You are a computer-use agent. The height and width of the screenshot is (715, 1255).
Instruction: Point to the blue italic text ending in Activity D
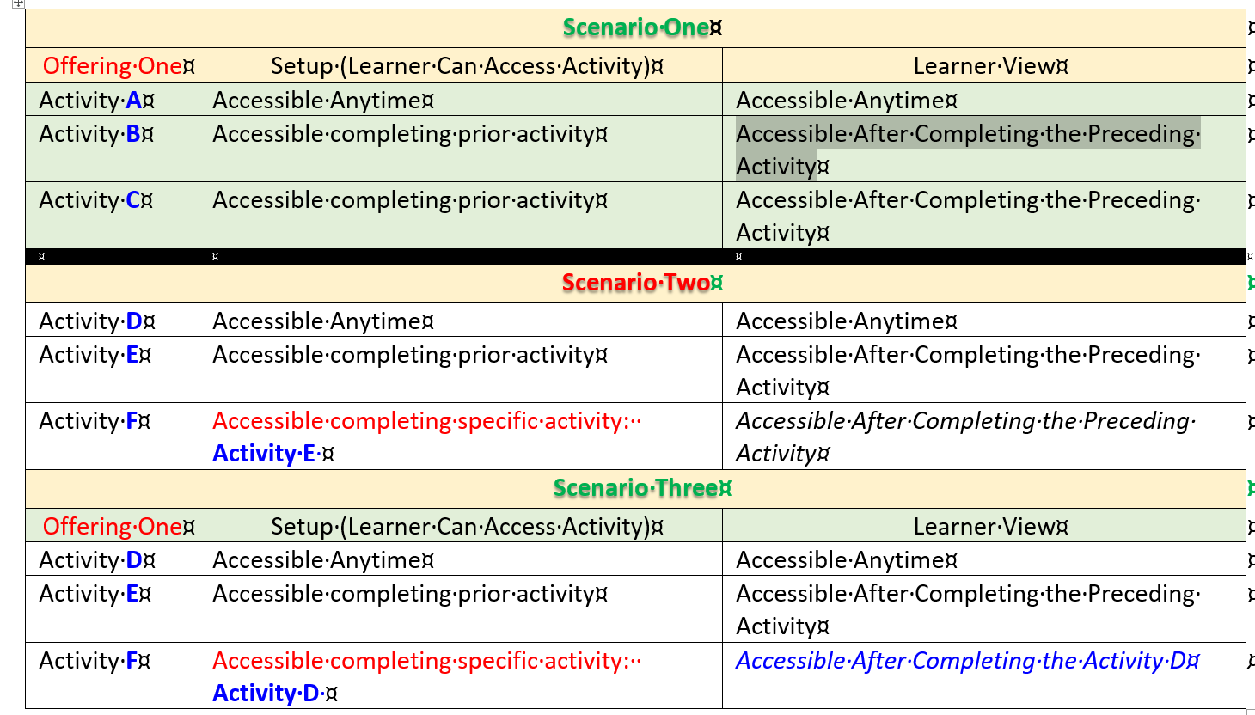pos(966,661)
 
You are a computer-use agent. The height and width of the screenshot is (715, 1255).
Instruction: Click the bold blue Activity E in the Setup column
pos(264,454)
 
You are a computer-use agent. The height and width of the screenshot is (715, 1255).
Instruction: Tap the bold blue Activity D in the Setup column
pos(266,694)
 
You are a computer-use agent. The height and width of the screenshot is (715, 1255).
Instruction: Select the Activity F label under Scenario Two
pos(95,421)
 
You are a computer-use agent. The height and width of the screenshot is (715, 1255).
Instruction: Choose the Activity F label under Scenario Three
pos(95,661)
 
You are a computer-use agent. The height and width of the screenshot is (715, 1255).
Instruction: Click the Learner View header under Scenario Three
pos(989,527)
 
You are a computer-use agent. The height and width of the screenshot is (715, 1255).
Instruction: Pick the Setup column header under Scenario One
pos(467,66)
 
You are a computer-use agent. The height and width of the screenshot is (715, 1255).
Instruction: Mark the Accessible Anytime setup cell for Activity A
pos(322,101)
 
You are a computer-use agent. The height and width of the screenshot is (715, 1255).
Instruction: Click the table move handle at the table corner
pos(18,3)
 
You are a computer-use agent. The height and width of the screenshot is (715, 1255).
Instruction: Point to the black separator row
pos(635,256)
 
